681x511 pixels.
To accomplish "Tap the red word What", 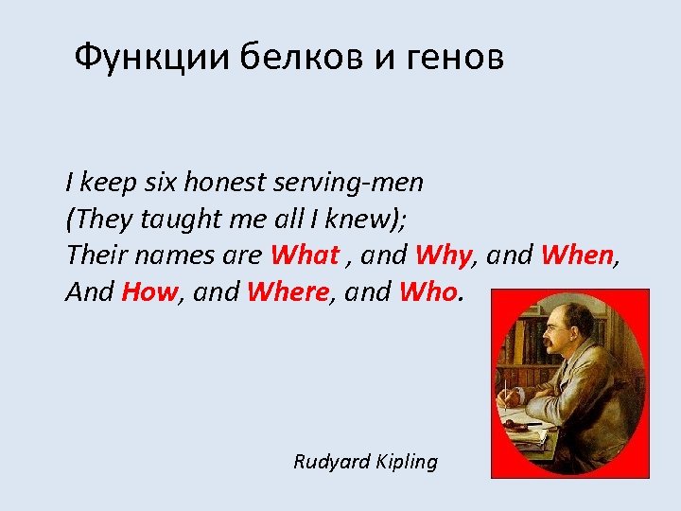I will [x=305, y=255].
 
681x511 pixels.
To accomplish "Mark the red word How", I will [x=149, y=292].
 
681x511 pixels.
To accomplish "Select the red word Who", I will [x=428, y=292].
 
